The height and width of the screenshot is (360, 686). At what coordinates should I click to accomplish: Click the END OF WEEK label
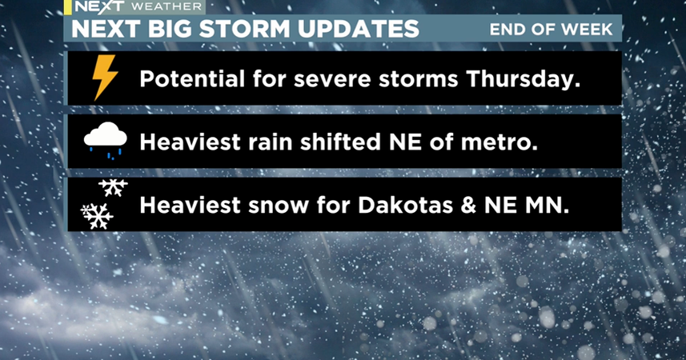pyautogui.click(x=551, y=30)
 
